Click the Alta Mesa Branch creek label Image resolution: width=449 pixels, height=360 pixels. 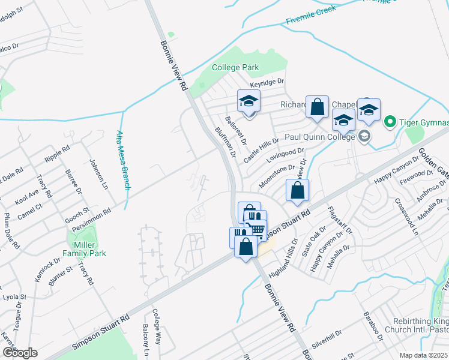[x=123, y=160]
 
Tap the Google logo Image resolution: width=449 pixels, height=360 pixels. [x=19, y=352]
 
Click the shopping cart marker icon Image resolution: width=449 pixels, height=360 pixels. [x=258, y=229]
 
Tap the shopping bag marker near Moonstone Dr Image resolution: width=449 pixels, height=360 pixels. [x=298, y=191]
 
